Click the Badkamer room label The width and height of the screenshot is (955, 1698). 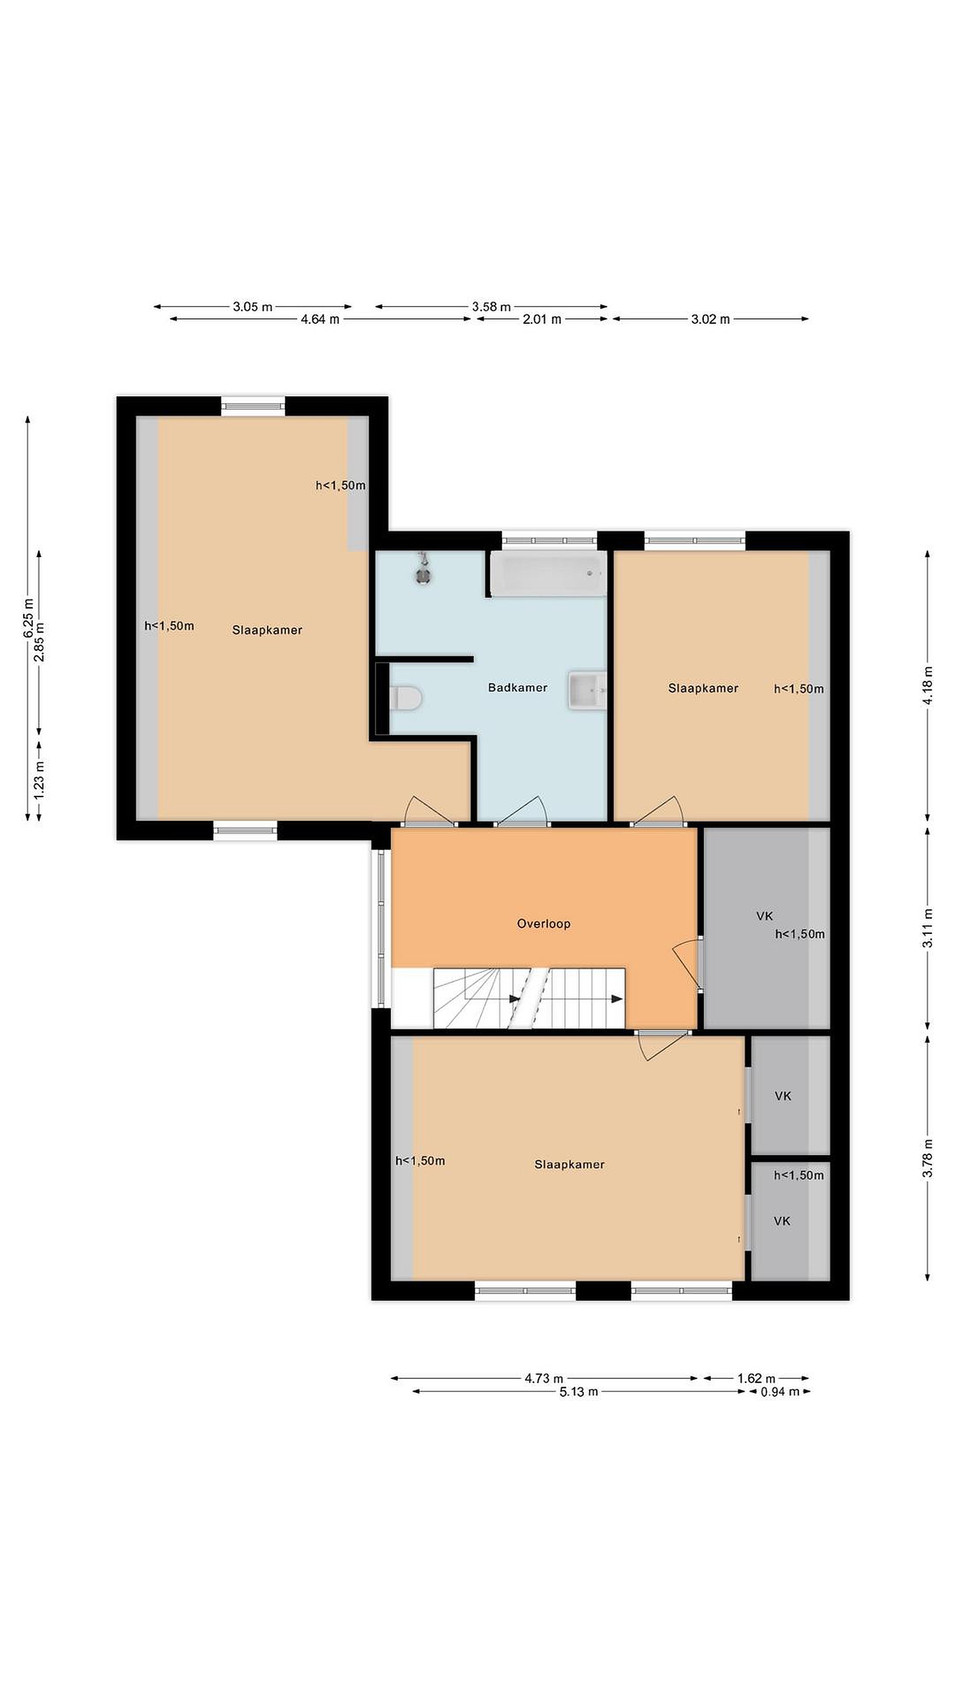click(x=518, y=687)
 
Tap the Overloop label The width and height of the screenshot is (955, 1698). click(x=544, y=923)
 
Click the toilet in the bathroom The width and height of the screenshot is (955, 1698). click(x=406, y=698)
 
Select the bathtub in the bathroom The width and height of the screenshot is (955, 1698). click(x=548, y=574)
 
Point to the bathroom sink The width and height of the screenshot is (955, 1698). click(x=587, y=690)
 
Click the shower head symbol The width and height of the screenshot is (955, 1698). click(x=423, y=571)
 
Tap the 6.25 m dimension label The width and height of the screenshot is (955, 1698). click(x=28, y=618)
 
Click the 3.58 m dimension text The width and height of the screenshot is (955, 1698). click(x=491, y=307)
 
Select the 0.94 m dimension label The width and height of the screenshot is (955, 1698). click(x=780, y=1391)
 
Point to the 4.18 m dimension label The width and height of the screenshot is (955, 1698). click(x=928, y=686)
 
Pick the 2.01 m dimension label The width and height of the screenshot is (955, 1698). click(x=542, y=320)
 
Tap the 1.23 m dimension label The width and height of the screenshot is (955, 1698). click(x=39, y=781)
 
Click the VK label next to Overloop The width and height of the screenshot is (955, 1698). click(x=765, y=916)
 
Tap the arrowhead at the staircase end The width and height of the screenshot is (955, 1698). click(x=617, y=999)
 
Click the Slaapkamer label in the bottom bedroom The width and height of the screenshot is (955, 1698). click(x=569, y=1165)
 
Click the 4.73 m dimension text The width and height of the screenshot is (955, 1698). click(x=544, y=1378)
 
